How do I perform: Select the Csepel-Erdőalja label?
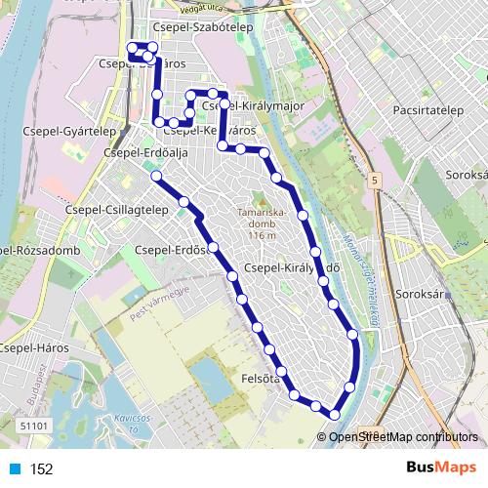145,153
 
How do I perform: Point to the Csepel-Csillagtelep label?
117,210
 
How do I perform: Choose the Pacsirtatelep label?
427,111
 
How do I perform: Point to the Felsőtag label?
261,376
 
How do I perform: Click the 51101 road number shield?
33,425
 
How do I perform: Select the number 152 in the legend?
41,469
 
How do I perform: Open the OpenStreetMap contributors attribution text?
403,436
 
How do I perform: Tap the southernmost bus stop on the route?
335,415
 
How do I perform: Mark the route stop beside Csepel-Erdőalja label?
155,176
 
